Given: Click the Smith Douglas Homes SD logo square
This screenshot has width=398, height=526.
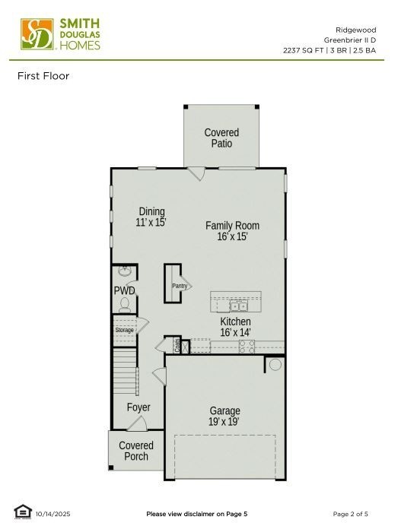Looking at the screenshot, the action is (x=37, y=34).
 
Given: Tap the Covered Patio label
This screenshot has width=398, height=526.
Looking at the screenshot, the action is (x=221, y=138).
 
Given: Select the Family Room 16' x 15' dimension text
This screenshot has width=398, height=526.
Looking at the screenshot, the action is (x=232, y=236).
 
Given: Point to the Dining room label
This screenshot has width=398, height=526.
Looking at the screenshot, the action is (x=151, y=211).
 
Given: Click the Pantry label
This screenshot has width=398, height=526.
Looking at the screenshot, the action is (x=180, y=286).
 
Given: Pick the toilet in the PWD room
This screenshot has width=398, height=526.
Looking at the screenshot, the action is (x=125, y=305).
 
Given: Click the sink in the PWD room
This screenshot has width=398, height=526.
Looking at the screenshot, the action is (x=125, y=271).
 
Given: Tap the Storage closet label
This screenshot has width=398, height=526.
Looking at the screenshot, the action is (x=124, y=330).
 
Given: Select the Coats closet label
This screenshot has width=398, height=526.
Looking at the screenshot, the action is (x=177, y=346).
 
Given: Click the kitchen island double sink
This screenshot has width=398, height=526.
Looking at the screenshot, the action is (x=238, y=306).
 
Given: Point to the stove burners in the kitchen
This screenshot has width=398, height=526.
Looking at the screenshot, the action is (x=247, y=347).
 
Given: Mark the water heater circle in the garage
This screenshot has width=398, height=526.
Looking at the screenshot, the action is (x=275, y=365).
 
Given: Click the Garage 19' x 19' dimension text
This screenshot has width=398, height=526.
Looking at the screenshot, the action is (x=224, y=422).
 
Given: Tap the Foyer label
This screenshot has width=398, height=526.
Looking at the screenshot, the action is (x=139, y=407).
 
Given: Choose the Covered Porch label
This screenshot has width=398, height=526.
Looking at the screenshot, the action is (x=136, y=451).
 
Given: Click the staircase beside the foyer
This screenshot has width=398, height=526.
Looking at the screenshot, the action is (x=125, y=371).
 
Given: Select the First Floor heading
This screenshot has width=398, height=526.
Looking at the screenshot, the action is (x=43, y=76).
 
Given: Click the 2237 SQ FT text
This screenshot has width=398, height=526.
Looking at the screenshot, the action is (x=304, y=50).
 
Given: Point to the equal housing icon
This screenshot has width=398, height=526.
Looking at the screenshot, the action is (x=23, y=512).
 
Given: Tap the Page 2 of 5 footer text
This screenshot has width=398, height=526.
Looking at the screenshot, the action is (x=350, y=514).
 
